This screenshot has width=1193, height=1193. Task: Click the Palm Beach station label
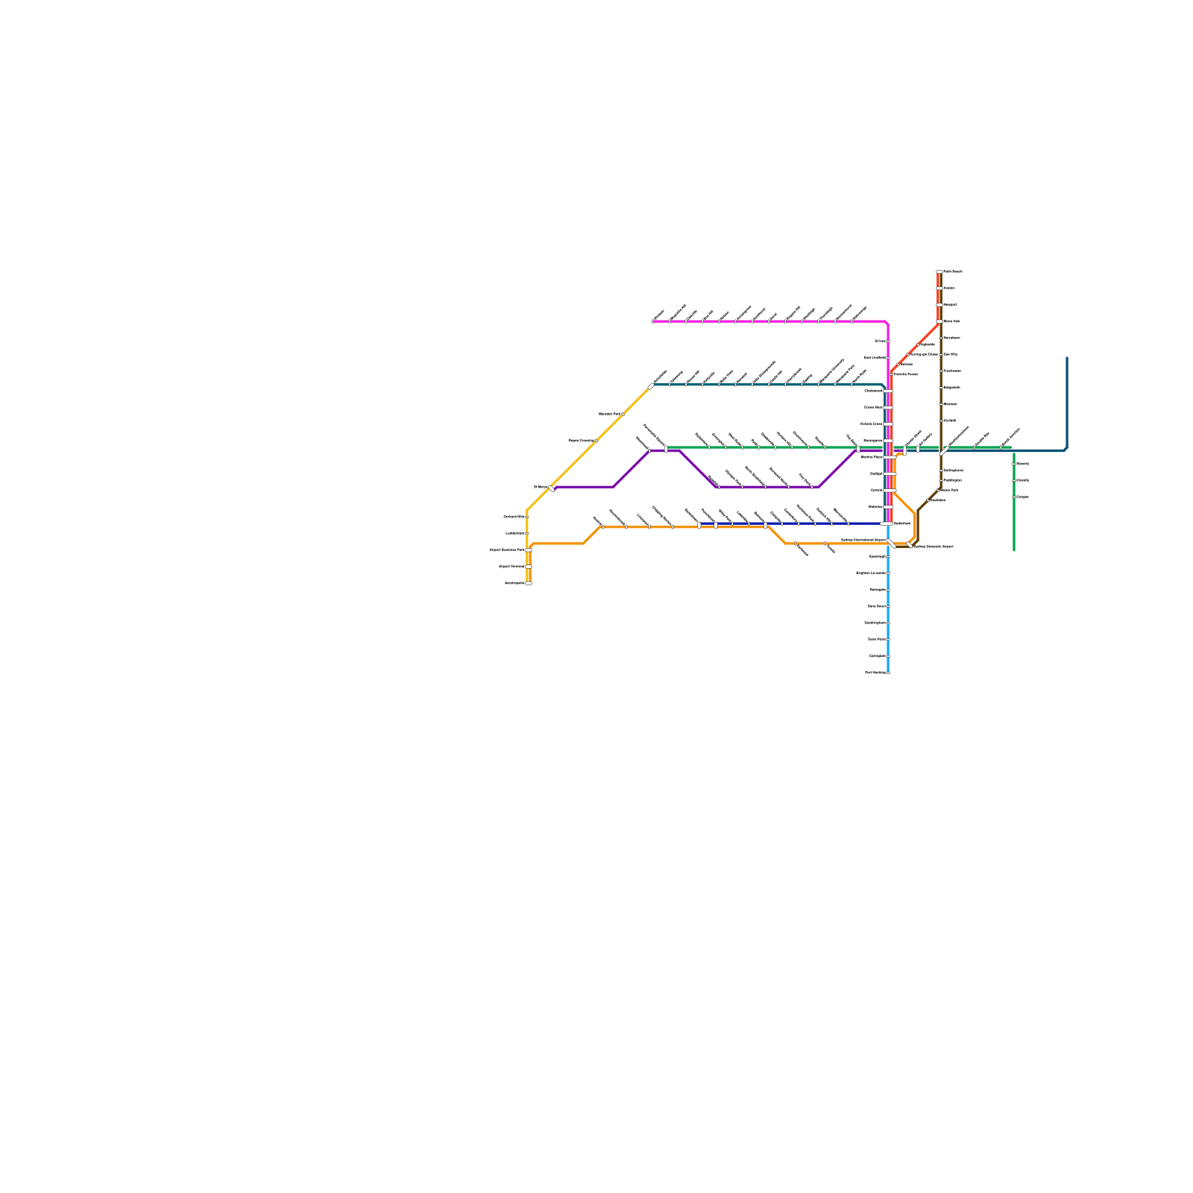[x=953, y=271]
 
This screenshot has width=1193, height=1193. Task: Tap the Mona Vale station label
[x=951, y=321]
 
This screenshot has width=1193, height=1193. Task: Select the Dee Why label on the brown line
[x=950, y=354]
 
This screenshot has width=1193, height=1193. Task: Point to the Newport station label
[x=949, y=304]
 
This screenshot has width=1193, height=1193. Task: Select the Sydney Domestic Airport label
[x=934, y=547]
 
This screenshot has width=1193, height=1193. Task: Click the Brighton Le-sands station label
[x=871, y=573]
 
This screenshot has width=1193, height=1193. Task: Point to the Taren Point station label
[x=877, y=639]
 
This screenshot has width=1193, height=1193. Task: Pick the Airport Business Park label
[x=507, y=550]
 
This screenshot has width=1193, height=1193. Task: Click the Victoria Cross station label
[x=871, y=424]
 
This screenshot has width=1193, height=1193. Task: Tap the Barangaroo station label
[x=872, y=441]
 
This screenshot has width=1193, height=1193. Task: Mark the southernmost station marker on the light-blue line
[x=888, y=673]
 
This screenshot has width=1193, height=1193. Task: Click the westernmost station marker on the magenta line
[x=653, y=321]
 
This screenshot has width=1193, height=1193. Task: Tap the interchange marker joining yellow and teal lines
[x=652, y=385]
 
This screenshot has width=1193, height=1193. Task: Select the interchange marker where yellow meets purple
[x=552, y=488]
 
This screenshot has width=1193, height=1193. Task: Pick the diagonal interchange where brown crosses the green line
[x=943, y=450]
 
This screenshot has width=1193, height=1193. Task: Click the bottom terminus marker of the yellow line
[x=529, y=583]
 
